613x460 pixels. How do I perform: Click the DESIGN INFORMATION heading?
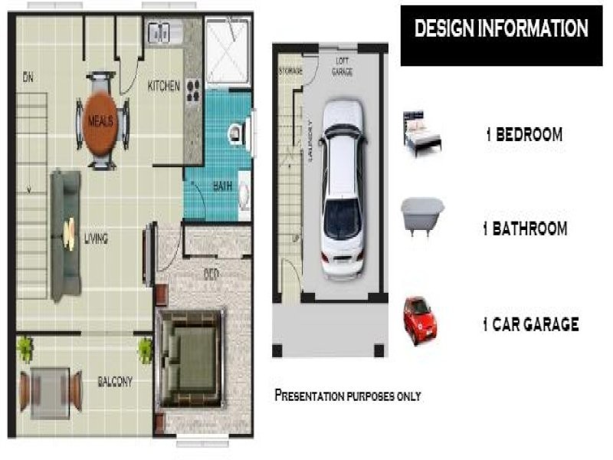point(501,29)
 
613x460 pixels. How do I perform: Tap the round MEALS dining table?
point(101,122)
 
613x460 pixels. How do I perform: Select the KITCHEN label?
point(163,87)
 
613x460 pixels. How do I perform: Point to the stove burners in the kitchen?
point(192,90)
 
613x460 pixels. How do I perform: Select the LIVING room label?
point(96,238)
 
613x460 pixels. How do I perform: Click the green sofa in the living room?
point(66,235)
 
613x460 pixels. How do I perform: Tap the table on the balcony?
point(51,389)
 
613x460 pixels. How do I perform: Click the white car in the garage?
point(342,188)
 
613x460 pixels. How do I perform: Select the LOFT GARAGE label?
point(342,66)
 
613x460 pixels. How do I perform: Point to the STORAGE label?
point(290,71)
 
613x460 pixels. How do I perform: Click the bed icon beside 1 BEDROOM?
point(423,134)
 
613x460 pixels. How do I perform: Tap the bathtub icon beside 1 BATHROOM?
point(422,215)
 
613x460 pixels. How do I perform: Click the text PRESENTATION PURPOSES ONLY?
point(347,396)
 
